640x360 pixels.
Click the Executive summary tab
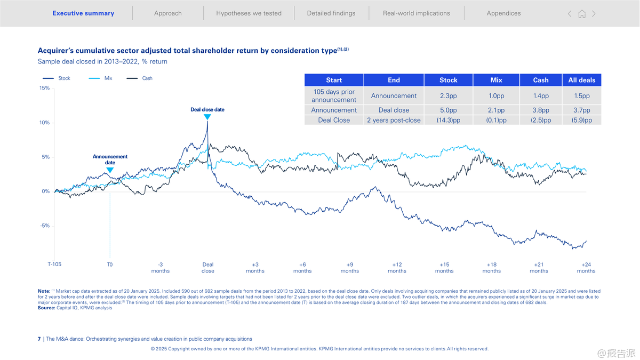(83, 13)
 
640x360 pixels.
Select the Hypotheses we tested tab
(249, 13)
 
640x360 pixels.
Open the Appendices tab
(503, 13)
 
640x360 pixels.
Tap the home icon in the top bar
(582, 14)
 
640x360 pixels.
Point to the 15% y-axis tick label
(44, 89)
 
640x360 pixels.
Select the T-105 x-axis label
(54, 264)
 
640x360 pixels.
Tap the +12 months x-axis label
(397, 267)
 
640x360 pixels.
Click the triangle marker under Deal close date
(207, 117)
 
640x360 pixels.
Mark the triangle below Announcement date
(110, 170)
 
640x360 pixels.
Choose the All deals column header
(581, 80)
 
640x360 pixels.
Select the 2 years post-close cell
(394, 121)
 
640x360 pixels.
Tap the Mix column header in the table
(496, 80)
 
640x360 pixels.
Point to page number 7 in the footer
(39, 339)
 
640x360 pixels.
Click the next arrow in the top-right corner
(594, 14)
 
